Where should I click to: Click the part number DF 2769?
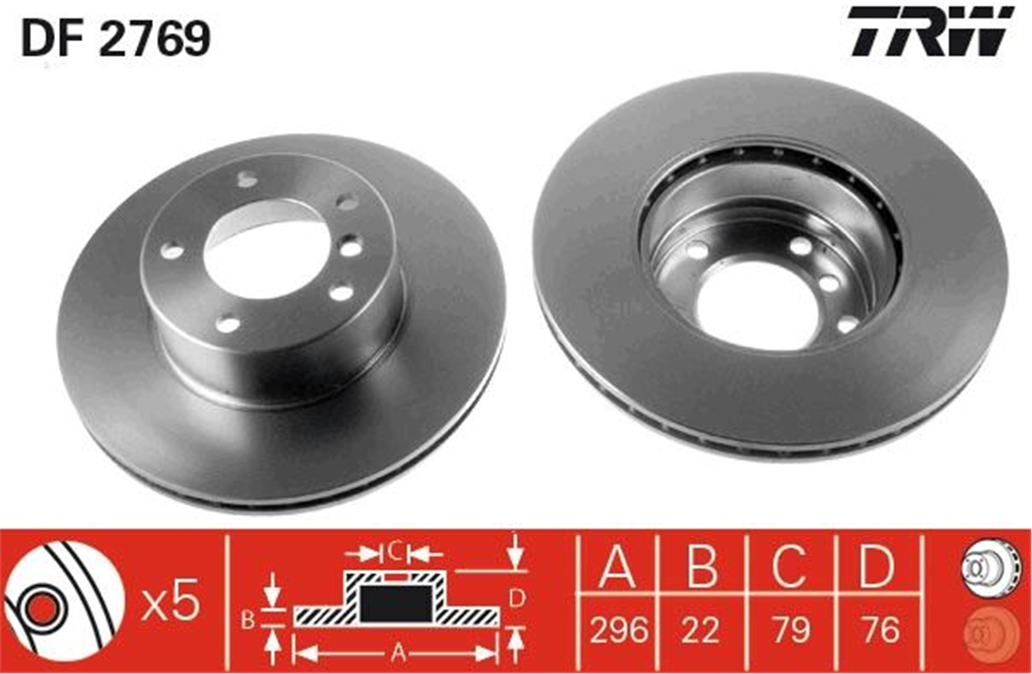coord(116,38)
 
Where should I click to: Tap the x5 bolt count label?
coord(171,600)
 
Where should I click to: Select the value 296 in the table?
coord(619,630)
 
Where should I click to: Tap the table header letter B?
coord(702,565)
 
